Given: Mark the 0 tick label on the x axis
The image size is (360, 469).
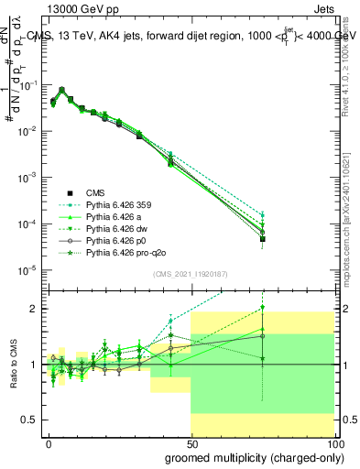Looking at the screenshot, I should click(49, 443).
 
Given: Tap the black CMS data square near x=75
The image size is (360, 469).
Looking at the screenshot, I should click(262, 239).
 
